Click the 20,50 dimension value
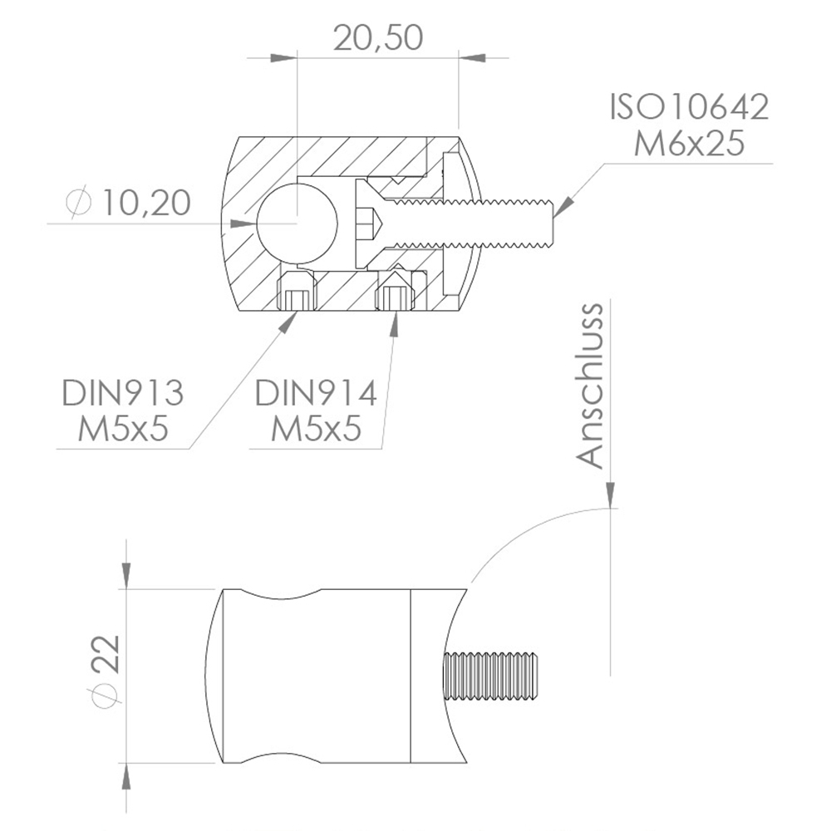tap(378, 37)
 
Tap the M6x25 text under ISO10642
tap(689, 144)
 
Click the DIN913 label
tap(122, 392)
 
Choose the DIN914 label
tap(316, 392)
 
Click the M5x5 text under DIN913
tap(123, 430)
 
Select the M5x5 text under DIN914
tap(316, 430)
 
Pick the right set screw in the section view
tap(395, 294)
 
